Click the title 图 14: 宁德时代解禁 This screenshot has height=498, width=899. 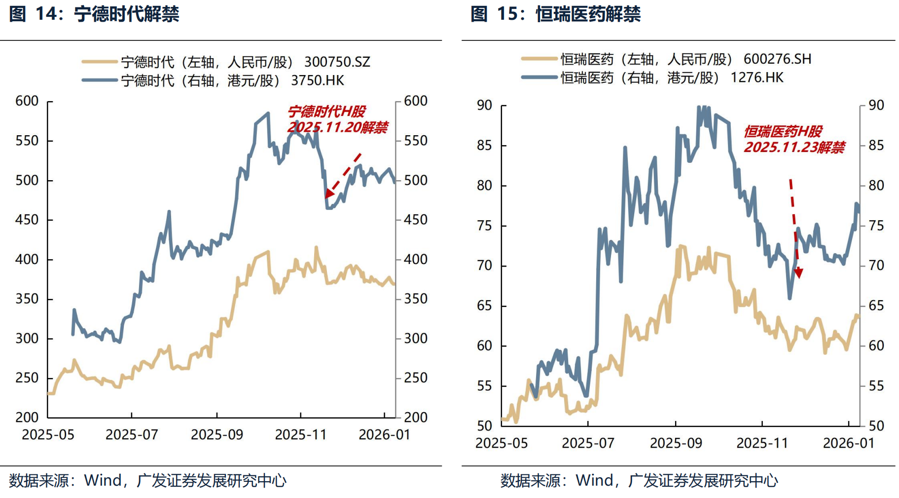coord(94,14)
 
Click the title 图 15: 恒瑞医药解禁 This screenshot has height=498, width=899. coord(555,14)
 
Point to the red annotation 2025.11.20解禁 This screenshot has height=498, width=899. coord(337,127)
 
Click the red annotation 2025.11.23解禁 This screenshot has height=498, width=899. coord(794,147)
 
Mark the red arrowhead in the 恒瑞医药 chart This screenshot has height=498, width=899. coord(799,273)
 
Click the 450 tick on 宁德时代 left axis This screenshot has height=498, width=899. coord(27,220)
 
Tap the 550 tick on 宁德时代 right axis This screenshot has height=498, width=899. coord(415,141)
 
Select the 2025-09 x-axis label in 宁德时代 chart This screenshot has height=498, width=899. coord(217,435)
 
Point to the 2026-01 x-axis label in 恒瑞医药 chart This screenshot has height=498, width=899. coord(849,443)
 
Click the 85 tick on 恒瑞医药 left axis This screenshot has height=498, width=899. coord(484,146)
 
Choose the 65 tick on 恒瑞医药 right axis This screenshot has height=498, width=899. coord(876,306)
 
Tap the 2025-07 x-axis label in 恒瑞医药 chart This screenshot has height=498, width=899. coord(588,443)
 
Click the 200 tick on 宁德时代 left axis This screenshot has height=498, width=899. coord(27,418)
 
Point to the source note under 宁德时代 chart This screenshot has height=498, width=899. coord(147,480)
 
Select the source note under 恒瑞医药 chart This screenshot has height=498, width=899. coord(639,480)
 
